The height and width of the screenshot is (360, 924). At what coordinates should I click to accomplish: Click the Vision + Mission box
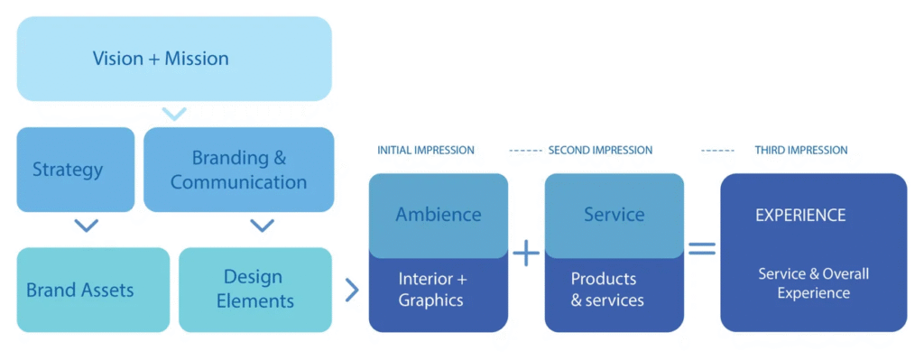tap(174, 59)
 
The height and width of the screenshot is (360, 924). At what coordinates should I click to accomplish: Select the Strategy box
tap(76, 170)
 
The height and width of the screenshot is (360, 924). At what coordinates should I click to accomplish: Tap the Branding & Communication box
tap(238, 170)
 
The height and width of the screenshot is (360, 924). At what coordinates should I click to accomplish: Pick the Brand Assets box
tap(93, 290)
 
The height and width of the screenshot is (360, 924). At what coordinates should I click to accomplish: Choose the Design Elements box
tap(255, 290)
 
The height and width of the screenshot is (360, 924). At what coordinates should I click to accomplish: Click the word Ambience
tap(439, 215)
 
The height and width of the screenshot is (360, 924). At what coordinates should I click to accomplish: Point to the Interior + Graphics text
tap(432, 289)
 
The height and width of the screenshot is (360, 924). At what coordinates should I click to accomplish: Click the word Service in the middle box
tap(614, 215)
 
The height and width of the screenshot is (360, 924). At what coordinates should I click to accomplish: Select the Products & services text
tap(607, 289)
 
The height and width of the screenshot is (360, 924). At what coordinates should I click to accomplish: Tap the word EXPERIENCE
tap(800, 215)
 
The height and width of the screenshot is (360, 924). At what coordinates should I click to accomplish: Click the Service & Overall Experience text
tap(813, 282)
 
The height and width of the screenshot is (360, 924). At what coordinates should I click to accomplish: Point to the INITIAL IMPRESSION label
tap(426, 151)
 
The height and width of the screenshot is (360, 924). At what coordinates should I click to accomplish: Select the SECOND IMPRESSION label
tap(600, 151)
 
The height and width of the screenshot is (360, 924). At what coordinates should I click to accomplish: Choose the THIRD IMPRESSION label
tap(801, 151)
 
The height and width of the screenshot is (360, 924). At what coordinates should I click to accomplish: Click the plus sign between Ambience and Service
tap(526, 253)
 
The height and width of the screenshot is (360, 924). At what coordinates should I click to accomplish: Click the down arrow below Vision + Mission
tap(174, 114)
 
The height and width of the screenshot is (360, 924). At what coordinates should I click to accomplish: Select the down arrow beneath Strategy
tap(87, 226)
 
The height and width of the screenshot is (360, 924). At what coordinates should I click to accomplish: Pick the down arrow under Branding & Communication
tap(263, 226)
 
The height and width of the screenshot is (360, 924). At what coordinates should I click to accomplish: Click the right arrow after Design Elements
tap(352, 290)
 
